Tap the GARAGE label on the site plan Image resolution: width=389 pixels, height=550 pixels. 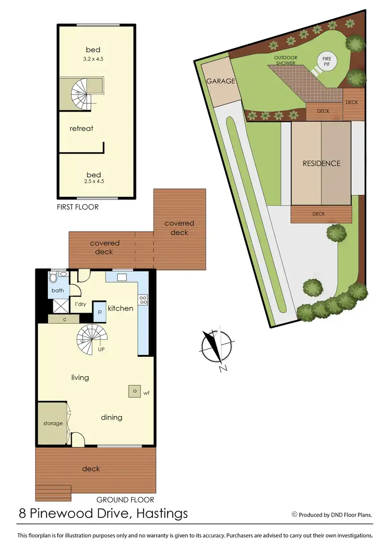tap(221, 81)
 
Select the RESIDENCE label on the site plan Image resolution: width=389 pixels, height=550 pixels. tap(322, 163)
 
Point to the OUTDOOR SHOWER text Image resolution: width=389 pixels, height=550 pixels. tap(285, 60)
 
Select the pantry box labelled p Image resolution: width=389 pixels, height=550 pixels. tap(100, 312)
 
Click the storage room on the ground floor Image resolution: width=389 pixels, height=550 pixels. tap(52, 423)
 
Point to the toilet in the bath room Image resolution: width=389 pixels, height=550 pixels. tap(62, 275)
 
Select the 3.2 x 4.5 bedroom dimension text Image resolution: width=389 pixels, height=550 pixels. tap(93, 59)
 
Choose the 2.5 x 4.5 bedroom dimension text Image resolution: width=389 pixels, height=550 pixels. tap(93, 181)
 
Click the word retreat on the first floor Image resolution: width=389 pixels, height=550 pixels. tap(81, 128)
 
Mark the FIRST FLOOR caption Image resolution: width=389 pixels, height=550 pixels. tap(78, 207)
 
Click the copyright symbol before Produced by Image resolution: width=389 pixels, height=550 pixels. tap(294, 515)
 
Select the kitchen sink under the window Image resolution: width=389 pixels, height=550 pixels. tap(121, 277)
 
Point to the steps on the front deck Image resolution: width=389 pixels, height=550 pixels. tap(53, 493)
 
